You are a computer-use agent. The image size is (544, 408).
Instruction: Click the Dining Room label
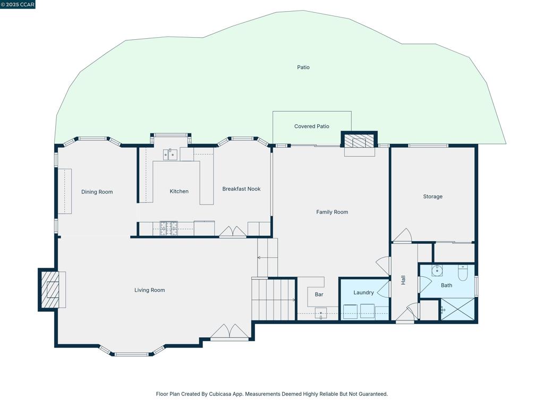pos(97,192)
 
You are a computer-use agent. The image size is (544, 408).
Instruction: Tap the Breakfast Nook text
pos(241,189)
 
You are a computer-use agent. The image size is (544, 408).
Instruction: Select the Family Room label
pos(332,212)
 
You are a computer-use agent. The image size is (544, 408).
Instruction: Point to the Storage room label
pos(432,197)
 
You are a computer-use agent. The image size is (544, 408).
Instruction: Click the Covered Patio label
pos(312,126)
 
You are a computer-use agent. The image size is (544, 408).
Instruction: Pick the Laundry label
pos(363,292)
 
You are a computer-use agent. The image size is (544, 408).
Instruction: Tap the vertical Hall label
pos(403,280)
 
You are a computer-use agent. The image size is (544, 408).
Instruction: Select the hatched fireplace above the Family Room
pos(359,141)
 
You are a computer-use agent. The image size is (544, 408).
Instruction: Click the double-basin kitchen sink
pos(170,155)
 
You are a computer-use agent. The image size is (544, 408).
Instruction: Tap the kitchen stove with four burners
pos(168,228)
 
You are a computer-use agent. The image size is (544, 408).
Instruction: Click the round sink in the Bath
pos(437,271)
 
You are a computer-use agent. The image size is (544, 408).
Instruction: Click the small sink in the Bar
pos(321,313)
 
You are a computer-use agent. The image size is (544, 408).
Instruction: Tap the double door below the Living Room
pos(229,333)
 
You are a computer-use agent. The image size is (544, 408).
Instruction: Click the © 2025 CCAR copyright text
pos(18,4)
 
